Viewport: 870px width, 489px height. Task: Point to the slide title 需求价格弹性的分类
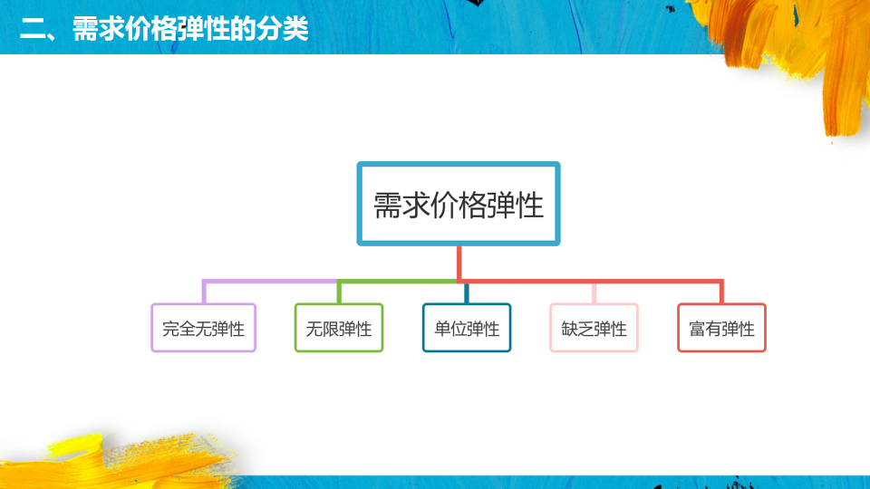(x=190, y=28)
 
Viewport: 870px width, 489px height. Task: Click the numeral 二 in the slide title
(x=33, y=29)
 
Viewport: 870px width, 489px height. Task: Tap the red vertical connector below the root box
(x=459, y=264)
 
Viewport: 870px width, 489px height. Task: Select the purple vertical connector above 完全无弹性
(x=204, y=292)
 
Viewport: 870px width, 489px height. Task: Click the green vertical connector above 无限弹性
(x=339, y=292)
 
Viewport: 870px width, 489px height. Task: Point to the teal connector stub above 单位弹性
(x=467, y=293)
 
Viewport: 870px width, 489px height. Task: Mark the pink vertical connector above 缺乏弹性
(x=594, y=293)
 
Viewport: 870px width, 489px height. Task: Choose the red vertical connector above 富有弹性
(x=721, y=292)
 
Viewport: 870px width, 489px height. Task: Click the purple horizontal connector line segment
(x=270, y=282)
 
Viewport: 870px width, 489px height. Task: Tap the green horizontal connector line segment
(x=398, y=282)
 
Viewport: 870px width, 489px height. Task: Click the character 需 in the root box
(x=387, y=206)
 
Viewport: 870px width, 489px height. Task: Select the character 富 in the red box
(x=697, y=329)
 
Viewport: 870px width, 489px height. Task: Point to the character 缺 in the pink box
(x=569, y=329)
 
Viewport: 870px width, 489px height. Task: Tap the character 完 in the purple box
(x=170, y=329)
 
